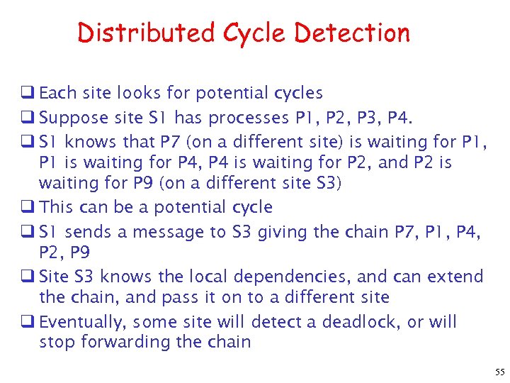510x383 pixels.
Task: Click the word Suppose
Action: (x=74, y=117)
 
